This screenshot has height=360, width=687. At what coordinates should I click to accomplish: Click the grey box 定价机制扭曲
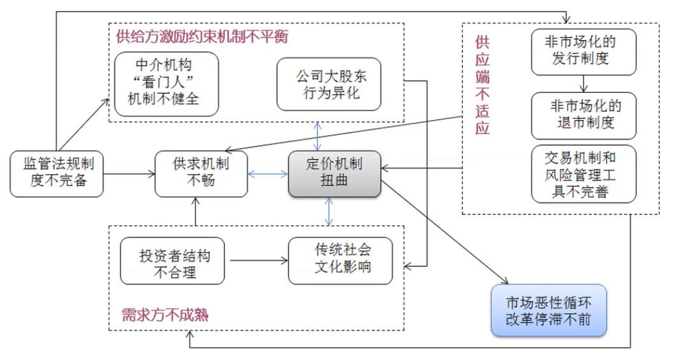tap(334, 174)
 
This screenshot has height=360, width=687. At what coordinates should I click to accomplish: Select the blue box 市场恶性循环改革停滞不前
tap(548, 310)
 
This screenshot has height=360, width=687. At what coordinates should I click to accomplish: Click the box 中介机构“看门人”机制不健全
tap(167, 83)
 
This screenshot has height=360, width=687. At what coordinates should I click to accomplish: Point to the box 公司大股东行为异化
tap(328, 84)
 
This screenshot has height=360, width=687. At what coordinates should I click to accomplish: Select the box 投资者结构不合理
tap(172, 260)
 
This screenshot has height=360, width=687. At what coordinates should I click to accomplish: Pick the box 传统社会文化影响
tap(341, 260)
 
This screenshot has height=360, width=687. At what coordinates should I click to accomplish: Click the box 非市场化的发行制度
tap(583, 50)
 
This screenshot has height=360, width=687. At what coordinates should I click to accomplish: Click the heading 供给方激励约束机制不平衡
tap(202, 36)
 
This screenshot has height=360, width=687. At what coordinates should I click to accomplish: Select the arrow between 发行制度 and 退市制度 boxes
tap(583, 83)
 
